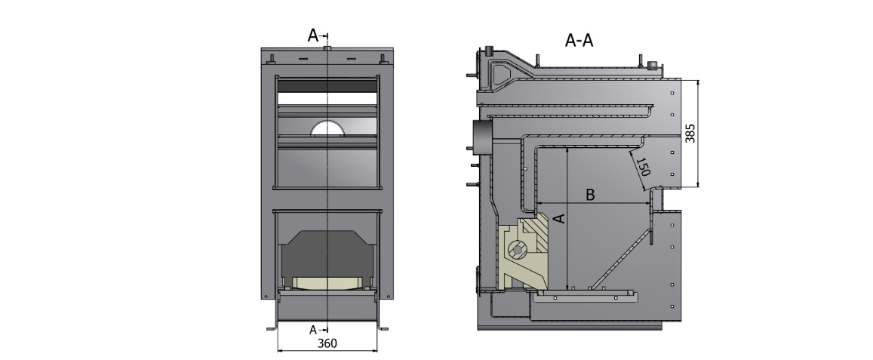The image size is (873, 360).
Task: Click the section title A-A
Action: pos(579,41)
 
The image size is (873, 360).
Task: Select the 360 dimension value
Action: pos(327,343)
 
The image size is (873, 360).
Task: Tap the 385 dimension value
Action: pos(689,134)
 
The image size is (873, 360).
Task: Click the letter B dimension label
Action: pos(591,195)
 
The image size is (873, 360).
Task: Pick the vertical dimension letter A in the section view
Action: pos(558,219)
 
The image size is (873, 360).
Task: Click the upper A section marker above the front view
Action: pos(315,35)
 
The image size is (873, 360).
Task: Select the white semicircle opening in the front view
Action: pos(327,129)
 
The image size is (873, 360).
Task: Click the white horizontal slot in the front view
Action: pos(327,98)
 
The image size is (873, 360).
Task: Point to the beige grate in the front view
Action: pos(327,283)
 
